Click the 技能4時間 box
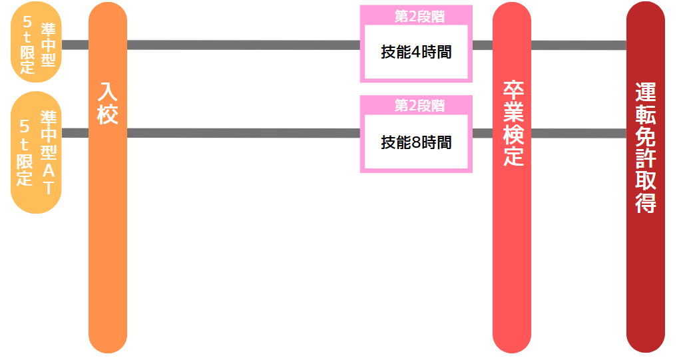pos(416,52)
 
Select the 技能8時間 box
pos(416,142)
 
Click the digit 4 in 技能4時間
pos(408,53)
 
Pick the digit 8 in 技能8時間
pos(408,142)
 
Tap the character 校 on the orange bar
pos(108,114)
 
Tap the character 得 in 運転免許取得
pos(646,202)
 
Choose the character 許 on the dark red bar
pos(646,158)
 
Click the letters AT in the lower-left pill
pos(48,178)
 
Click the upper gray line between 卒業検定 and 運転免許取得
pos(578,45)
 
